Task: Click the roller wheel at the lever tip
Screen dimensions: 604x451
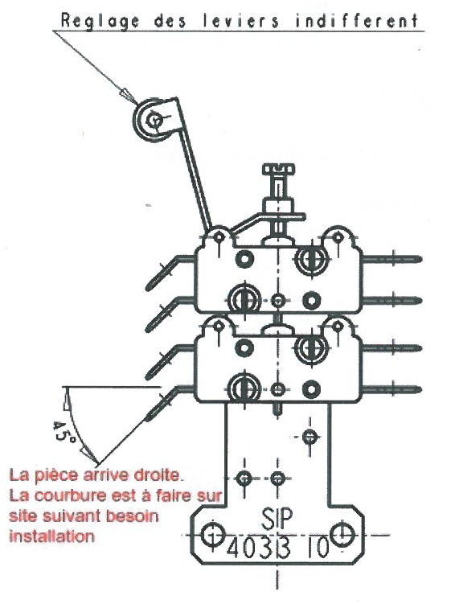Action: pyautogui.click(x=152, y=120)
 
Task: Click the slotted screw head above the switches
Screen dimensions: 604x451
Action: pyautogui.click(x=277, y=171)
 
